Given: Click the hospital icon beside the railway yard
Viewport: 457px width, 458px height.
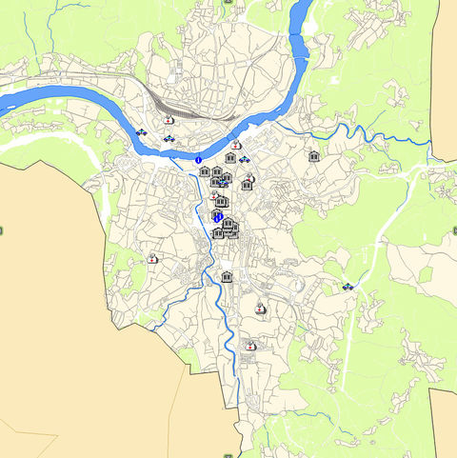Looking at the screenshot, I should click(x=169, y=121).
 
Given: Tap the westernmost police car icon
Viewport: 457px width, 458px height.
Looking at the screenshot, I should click(x=142, y=133).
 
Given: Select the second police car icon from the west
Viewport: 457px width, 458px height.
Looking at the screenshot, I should click(x=169, y=140).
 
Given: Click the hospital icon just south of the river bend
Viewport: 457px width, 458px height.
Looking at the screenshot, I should click(x=235, y=145).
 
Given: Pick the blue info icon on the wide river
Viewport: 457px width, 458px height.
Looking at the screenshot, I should click(x=199, y=160).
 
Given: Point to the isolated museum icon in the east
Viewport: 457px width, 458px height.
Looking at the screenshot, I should click(x=313, y=156).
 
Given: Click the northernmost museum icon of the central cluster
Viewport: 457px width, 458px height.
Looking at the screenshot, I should click(x=230, y=158).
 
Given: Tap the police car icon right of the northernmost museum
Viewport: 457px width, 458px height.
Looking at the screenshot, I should click(x=244, y=158).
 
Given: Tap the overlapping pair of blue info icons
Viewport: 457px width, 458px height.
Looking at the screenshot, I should click(x=217, y=217).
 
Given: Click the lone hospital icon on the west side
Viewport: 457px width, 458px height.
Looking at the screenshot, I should click(x=151, y=258).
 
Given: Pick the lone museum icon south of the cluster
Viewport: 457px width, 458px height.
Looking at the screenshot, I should click(x=227, y=276).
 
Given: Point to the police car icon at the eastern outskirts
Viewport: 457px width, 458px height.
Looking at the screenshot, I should click(x=348, y=286).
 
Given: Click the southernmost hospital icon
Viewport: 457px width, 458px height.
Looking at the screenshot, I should click(x=251, y=347).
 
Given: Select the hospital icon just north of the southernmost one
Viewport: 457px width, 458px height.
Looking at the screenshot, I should click(x=260, y=308).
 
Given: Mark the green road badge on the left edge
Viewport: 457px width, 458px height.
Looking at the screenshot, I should click(x=2, y=231).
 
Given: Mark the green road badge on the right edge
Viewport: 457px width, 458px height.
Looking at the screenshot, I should click(x=454, y=230).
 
